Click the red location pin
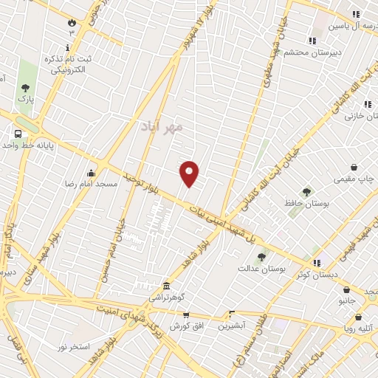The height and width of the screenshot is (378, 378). pos(190,173)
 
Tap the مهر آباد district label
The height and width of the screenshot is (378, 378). pos(161,127)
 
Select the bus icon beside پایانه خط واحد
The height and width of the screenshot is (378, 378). pos(18,134)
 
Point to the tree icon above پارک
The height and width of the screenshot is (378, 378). pos(24,85)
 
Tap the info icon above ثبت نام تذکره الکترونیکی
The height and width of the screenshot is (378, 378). pos(68,47)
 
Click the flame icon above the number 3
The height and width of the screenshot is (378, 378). pos(72,22)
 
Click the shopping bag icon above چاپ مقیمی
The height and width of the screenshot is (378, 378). pos(354,167)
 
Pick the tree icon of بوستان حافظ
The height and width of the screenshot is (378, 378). pos(306,192)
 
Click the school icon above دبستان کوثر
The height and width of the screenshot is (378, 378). pos(317,263)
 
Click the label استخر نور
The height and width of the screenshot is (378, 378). pos(74,346)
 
